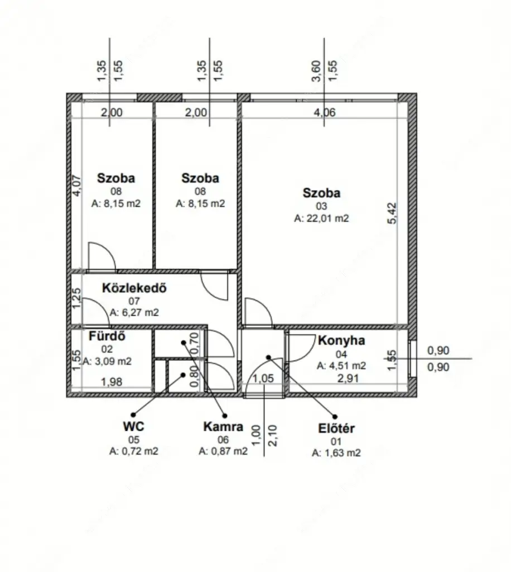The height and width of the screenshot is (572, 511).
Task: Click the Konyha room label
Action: pyautogui.click(x=341, y=340)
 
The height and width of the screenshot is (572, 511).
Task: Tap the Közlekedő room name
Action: pyautogui.click(x=134, y=288)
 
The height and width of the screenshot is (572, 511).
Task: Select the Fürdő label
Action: pyautogui.click(x=107, y=336)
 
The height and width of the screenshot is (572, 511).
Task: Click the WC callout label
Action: pyautogui.click(x=134, y=426)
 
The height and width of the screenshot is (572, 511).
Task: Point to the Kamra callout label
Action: pyautogui.click(x=223, y=426)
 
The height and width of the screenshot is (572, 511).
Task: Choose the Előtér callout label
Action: pyautogui.click(x=336, y=428)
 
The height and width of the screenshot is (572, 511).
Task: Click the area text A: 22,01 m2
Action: pyautogui.click(x=321, y=218)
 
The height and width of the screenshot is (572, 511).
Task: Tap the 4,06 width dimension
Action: pyautogui.click(x=325, y=112)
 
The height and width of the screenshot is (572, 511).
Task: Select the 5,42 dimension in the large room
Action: pyautogui.click(x=392, y=213)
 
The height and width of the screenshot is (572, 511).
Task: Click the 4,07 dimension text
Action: pyautogui.click(x=77, y=186)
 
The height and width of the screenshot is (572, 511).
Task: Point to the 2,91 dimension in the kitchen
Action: pyautogui.click(x=348, y=378)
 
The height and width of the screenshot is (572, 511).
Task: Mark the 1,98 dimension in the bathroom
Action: pyautogui.click(x=112, y=382)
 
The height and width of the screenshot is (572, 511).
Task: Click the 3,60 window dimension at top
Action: pyautogui.click(x=316, y=71)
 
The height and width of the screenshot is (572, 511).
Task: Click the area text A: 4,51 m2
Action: pyautogui.click(x=341, y=365)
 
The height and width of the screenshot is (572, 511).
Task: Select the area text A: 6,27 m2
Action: pyautogui.click(x=134, y=313)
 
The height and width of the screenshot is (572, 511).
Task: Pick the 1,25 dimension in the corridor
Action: pyautogui.click(x=76, y=298)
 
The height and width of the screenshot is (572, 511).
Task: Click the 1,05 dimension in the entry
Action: pyautogui.click(x=263, y=378)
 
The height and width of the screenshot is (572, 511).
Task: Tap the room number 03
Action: pyautogui.click(x=321, y=206)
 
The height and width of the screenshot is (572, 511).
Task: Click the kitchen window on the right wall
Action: pyautogui.click(x=412, y=359)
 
